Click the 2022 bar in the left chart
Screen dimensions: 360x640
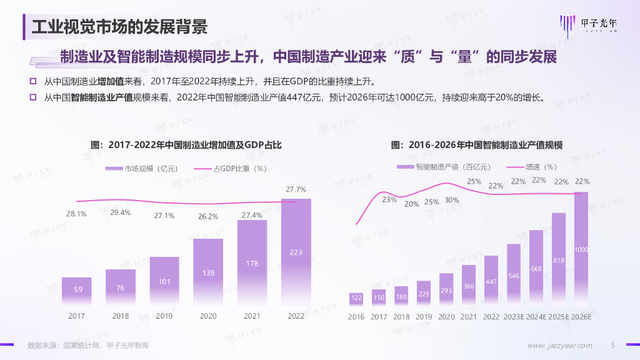pyautogui.click(x=296, y=252)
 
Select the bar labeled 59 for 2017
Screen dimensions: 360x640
pyautogui.click(x=77, y=291)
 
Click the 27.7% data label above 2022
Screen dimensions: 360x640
pyautogui.click(x=296, y=189)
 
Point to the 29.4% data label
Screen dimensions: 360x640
pyautogui.click(x=121, y=212)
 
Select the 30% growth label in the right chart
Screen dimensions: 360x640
pyautogui.click(x=451, y=201)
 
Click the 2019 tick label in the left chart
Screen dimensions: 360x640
pyautogui.click(x=164, y=316)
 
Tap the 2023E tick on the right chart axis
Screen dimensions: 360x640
pyautogui.click(x=514, y=317)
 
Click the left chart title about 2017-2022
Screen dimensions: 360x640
pyautogui.click(x=186, y=145)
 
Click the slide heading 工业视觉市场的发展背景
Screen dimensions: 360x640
pyautogui.click(x=119, y=27)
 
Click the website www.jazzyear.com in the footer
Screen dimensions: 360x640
pyautogui.click(x=560, y=346)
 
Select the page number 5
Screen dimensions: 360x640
pyautogui.click(x=613, y=346)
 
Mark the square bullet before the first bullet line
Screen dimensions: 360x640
pyautogui.click(x=33, y=81)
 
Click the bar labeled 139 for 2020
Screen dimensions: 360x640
pyautogui.click(x=208, y=272)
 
